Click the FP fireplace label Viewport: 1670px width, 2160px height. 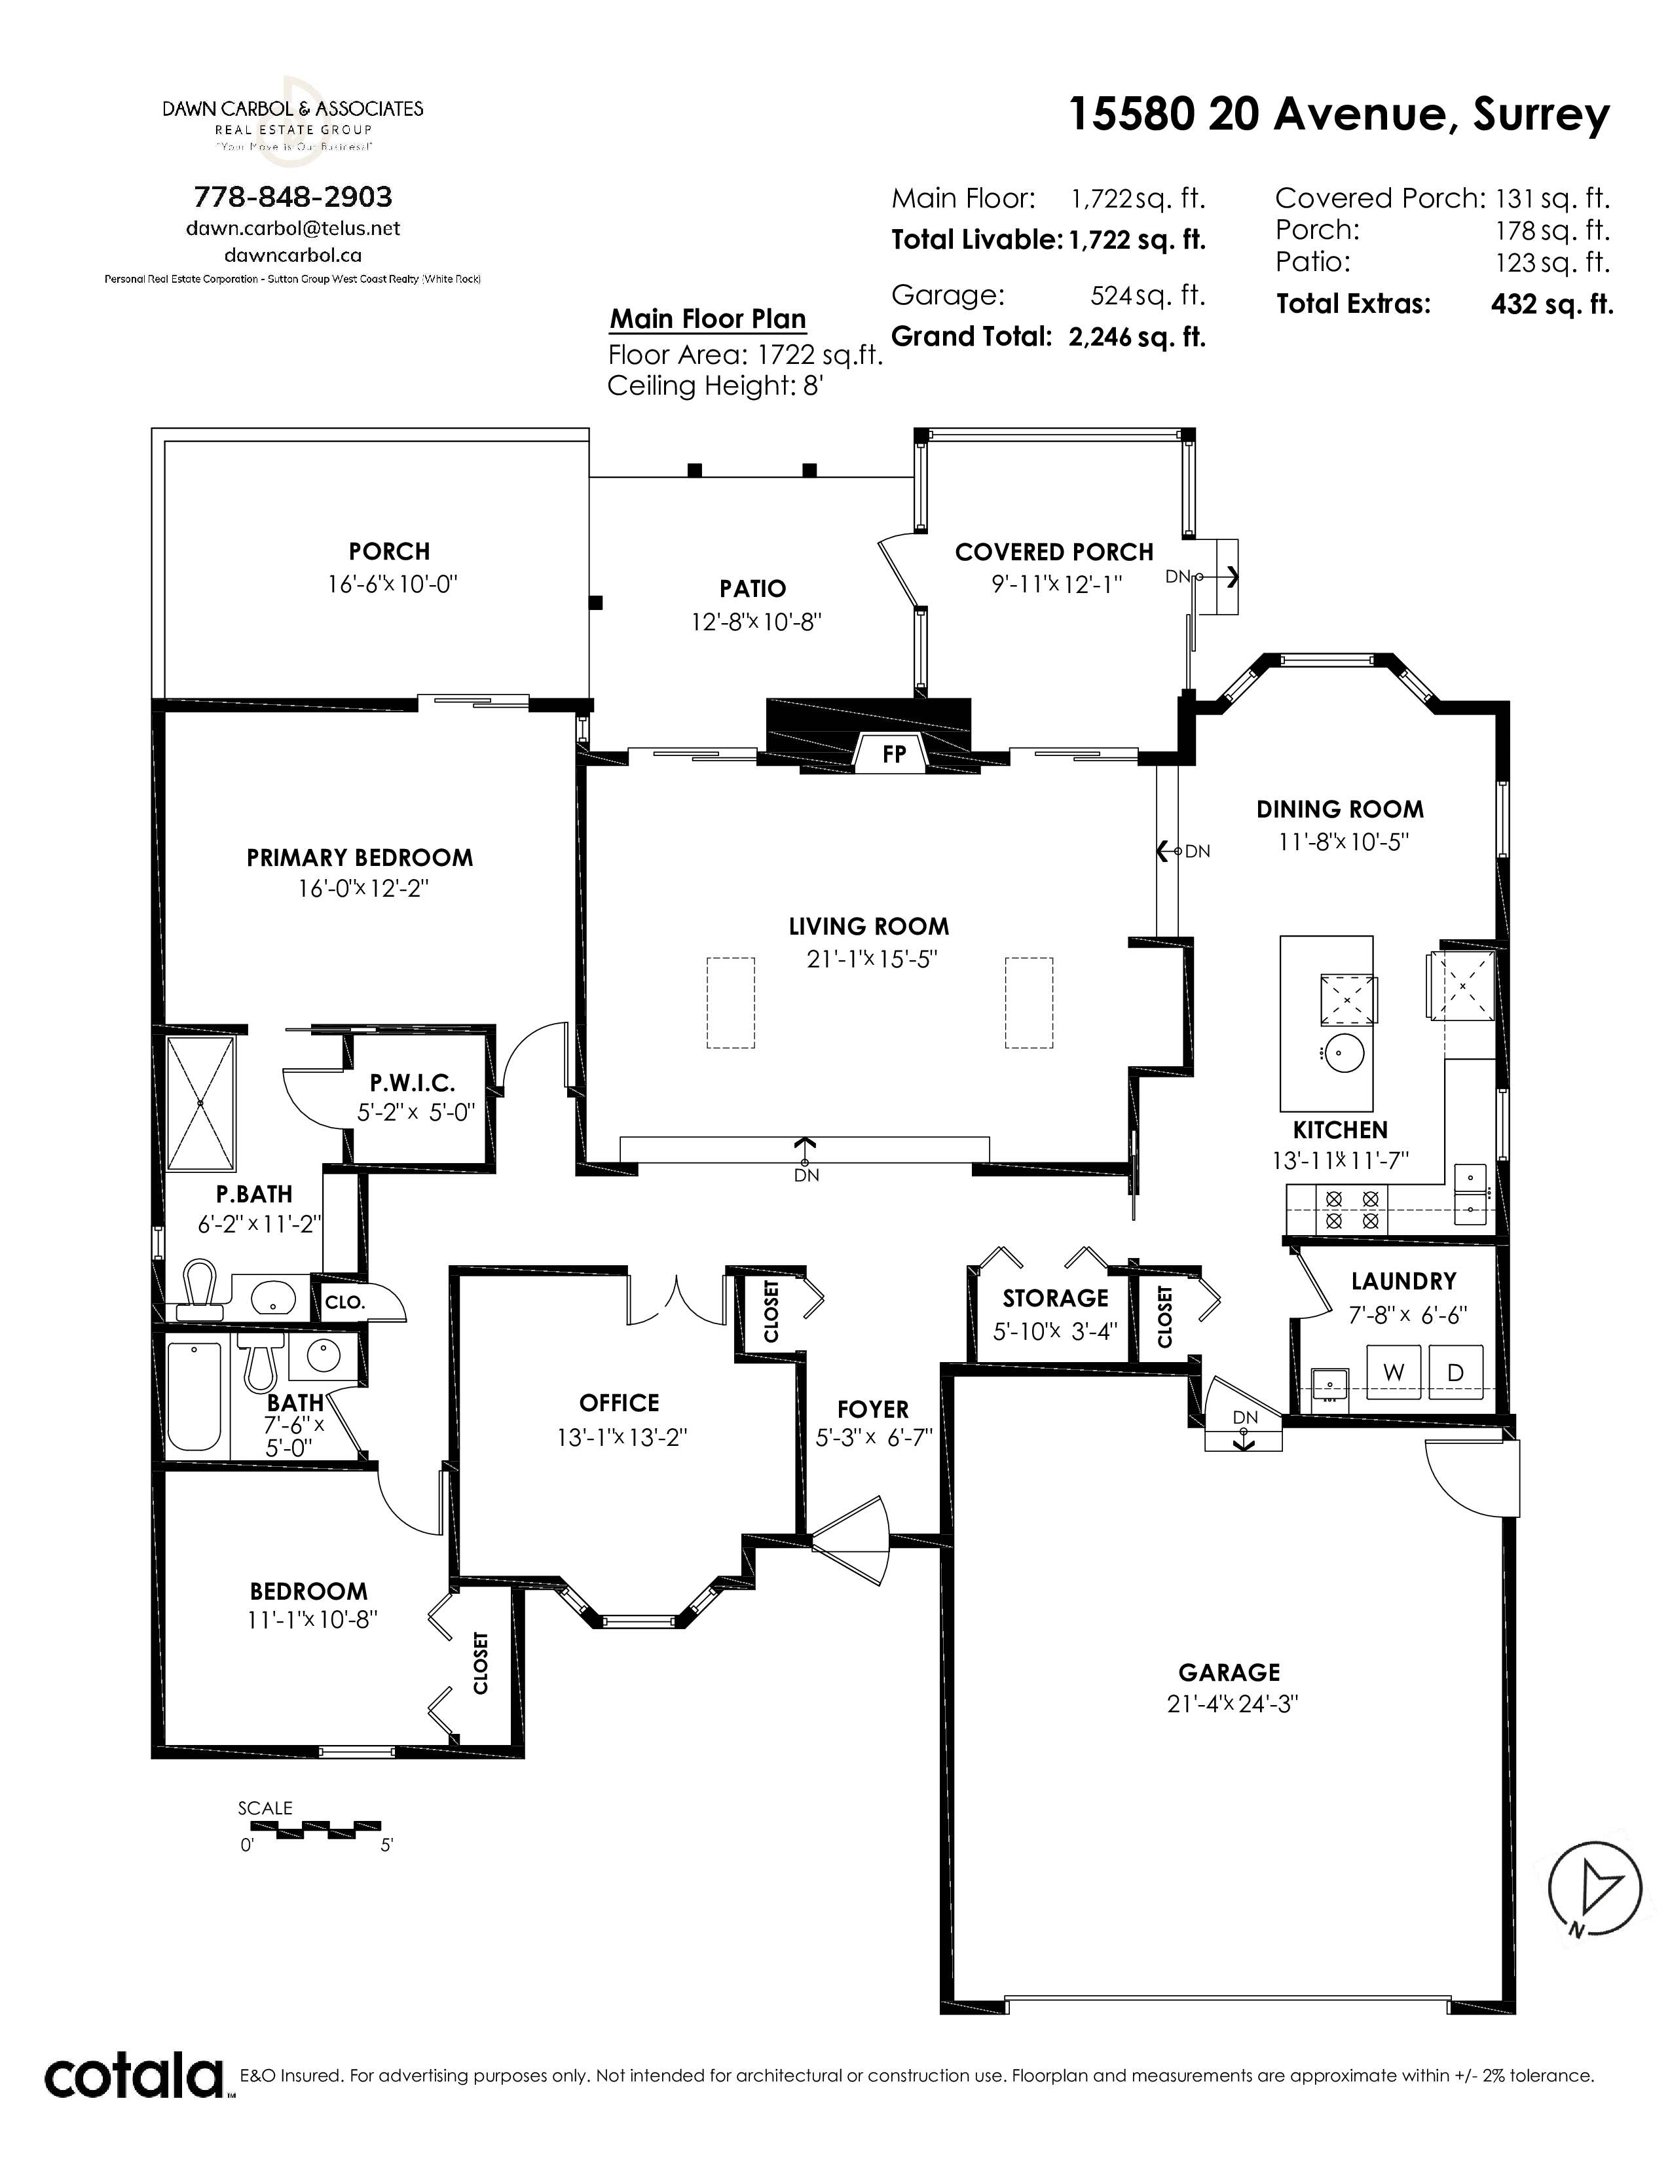click(893, 753)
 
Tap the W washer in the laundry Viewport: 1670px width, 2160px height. click(1394, 1372)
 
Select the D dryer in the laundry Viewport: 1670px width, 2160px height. click(1455, 1372)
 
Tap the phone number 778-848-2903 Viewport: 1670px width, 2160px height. click(293, 197)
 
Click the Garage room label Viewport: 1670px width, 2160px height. click(1229, 1672)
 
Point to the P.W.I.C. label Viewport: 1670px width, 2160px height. click(413, 1083)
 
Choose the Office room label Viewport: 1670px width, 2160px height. click(620, 1403)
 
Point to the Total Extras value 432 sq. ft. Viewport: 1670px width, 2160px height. click(1551, 304)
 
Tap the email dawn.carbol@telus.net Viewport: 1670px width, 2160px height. click(293, 228)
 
